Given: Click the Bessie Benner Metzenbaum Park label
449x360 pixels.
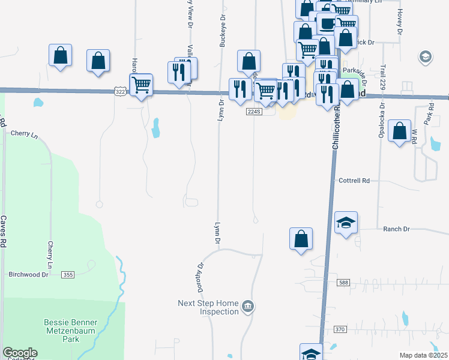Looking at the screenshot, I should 70,330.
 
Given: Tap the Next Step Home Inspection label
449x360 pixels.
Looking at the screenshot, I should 208,307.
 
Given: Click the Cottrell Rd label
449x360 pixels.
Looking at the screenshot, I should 354,180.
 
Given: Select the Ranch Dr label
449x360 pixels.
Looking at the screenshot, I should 396,229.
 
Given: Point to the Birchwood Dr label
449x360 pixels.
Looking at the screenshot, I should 28,274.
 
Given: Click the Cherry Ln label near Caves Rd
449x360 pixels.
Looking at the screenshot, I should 24,134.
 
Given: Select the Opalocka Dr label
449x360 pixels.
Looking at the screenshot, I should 382,121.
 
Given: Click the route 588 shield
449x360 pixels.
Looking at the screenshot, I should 343,283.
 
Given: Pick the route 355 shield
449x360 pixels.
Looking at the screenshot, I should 68,275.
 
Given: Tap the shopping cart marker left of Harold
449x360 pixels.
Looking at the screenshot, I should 141,85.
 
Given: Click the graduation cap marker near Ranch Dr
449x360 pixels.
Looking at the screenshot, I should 346,223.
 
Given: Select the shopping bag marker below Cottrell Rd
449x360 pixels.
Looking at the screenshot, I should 301,239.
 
